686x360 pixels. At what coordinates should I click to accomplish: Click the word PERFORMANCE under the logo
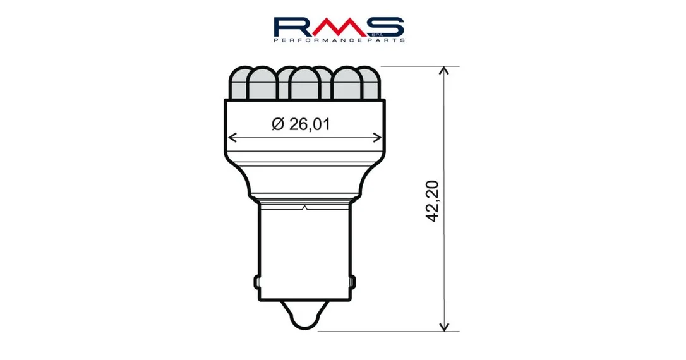[x=318, y=40]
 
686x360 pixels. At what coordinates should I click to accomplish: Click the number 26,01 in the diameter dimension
[x=310, y=124]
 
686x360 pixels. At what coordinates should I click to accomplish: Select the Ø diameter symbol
[x=278, y=124]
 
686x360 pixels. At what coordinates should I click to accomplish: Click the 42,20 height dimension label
[x=432, y=201]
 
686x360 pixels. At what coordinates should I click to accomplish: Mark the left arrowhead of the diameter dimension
[x=232, y=138]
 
